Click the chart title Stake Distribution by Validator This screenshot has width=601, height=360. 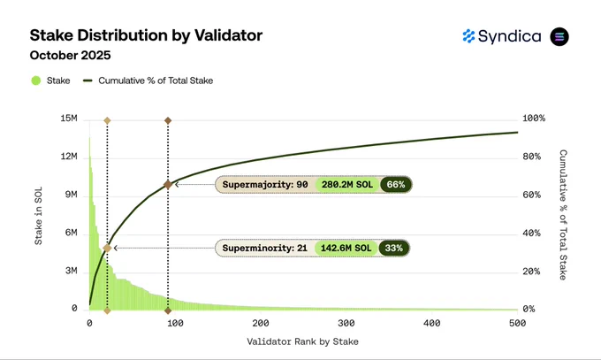146,35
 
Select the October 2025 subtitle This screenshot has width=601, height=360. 70,55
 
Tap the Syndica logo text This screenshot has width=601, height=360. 509,36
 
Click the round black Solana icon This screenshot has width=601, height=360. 559,37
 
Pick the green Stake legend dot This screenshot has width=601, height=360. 36,80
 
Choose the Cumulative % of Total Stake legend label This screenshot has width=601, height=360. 156,80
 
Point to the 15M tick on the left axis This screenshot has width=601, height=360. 69,119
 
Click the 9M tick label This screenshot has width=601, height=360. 71,195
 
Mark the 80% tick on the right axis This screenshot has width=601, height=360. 532,157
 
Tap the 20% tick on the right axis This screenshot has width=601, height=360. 531,272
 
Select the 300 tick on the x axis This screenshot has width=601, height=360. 346,323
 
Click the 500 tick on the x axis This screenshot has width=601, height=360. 517,323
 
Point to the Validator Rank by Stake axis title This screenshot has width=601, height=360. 302,341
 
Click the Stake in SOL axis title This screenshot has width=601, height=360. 38,216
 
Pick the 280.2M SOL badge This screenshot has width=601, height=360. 347,185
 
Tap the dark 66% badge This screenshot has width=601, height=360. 396,185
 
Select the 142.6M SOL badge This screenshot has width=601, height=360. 346,248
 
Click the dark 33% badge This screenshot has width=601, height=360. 393,248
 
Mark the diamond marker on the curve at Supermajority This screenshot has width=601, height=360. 168,185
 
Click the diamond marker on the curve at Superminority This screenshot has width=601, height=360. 107,248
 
